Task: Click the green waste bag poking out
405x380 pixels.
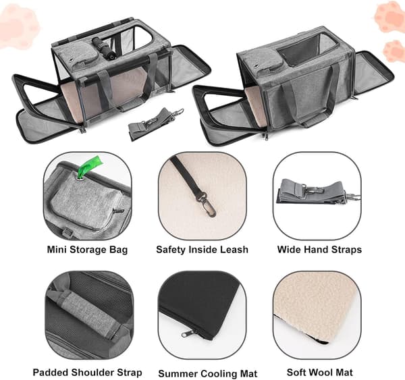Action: (90, 166)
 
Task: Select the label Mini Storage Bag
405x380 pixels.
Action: (87, 250)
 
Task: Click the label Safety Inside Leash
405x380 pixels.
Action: (202, 250)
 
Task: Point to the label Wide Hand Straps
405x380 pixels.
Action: (319, 250)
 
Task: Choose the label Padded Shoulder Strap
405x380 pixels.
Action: (87, 373)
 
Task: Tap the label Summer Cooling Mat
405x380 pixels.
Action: (208, 373)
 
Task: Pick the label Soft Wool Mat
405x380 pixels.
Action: (319, 373)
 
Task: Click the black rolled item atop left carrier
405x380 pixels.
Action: (103, 47)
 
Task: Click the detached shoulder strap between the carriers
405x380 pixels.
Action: (155, 124)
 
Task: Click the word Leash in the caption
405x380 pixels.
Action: (234, 250)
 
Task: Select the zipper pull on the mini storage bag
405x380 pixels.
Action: (118, 211)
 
